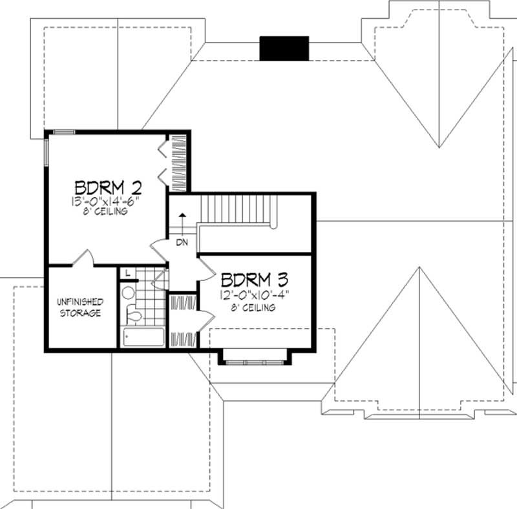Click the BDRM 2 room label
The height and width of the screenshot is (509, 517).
pos(108,187)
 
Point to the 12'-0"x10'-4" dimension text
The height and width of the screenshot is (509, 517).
pos(253,295)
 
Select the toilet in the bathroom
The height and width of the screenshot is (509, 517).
pos(134,315)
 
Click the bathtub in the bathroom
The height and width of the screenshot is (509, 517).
pos(143,338)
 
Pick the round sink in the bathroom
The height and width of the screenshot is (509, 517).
pos(127,293)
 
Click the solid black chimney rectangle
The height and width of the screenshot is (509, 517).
pos(284,48)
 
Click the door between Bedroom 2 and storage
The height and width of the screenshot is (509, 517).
pos(85,258)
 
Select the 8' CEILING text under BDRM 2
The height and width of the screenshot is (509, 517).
pos(108,211)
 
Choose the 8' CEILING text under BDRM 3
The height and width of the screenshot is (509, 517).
pos(253,307)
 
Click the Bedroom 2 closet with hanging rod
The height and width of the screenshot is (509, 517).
pos(179,163)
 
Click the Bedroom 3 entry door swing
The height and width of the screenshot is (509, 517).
pos(205,269)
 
